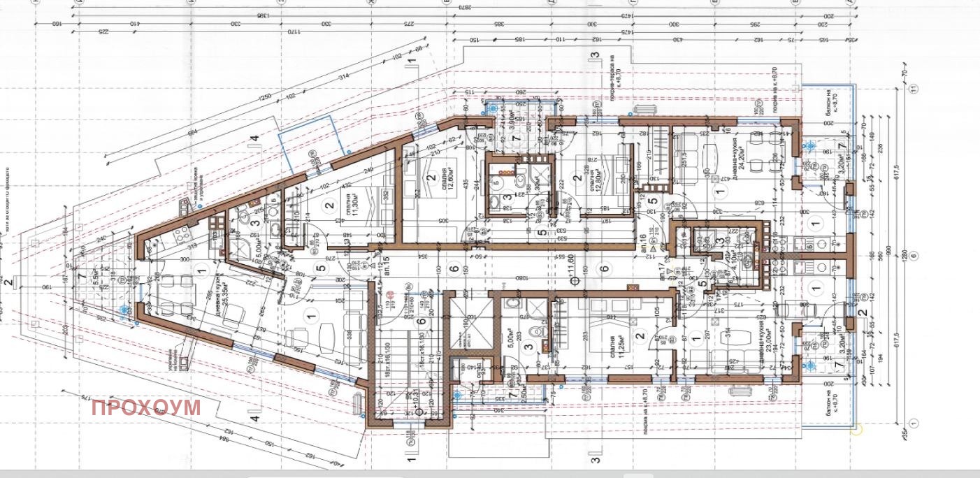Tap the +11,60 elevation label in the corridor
[x=571, y=270]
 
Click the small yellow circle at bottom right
[x=858, y=430]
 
